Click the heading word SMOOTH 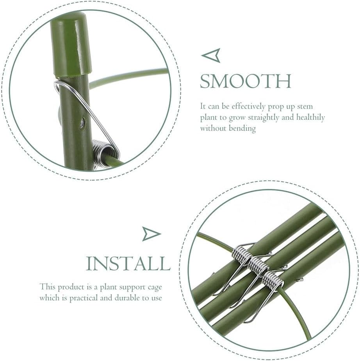245,82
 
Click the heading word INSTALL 128,264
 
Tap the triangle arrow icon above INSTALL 151,234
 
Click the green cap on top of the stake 71,43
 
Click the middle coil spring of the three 258,266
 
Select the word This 48,287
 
